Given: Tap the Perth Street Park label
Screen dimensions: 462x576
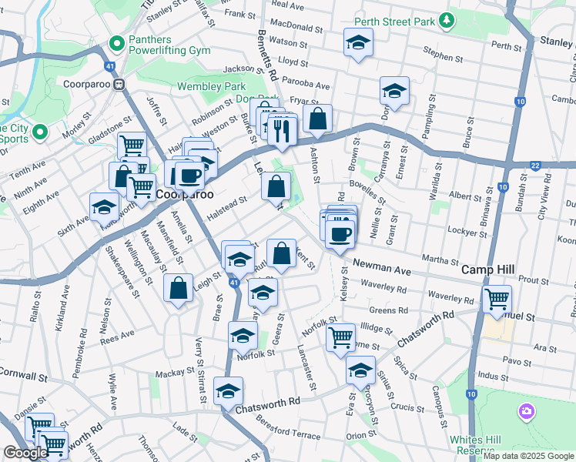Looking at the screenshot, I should click(394, 22).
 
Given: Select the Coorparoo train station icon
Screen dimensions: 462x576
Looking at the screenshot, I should click(119, 85).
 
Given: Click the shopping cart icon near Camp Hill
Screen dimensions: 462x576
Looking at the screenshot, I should click(497, 297).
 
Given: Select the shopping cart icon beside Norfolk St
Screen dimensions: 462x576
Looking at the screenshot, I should click(340, 336).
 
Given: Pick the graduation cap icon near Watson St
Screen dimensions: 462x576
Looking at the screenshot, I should click(358, 43).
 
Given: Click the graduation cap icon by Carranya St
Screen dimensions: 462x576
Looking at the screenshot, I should click(394, 92).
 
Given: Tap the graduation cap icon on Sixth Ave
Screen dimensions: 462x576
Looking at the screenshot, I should click(104, 207).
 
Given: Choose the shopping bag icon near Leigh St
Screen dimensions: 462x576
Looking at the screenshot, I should click(178, 289).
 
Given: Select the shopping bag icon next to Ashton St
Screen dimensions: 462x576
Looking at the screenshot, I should click(317, 119).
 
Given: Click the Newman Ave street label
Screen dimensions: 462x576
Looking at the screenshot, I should click(383, 266).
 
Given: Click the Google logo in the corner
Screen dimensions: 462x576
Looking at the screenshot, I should click(26, 453).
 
